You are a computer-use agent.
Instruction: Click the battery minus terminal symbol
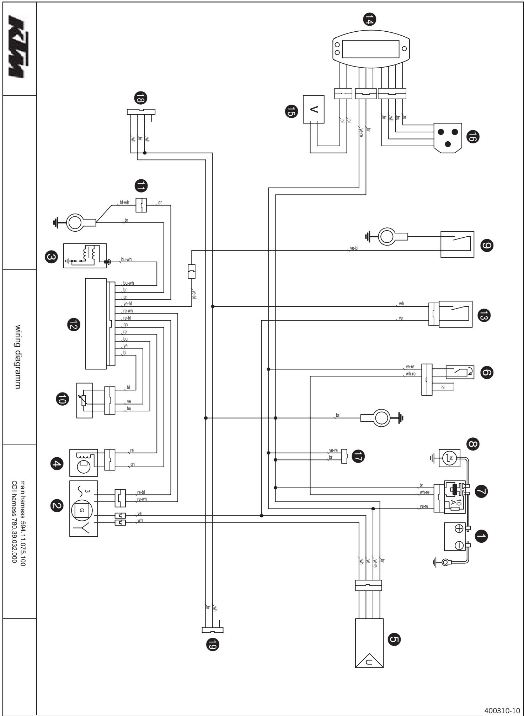click(x=459, y=545)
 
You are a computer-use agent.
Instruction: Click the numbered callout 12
click(x=74, y=324)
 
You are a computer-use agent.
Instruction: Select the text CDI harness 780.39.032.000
click(x=15, y=521)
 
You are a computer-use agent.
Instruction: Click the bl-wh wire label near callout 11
click(x=124, y=204)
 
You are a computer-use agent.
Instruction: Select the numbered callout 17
click(x=357, y=456)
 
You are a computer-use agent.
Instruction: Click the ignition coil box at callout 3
click(x=85, y=256)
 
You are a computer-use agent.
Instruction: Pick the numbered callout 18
click(x=141, y=97)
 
